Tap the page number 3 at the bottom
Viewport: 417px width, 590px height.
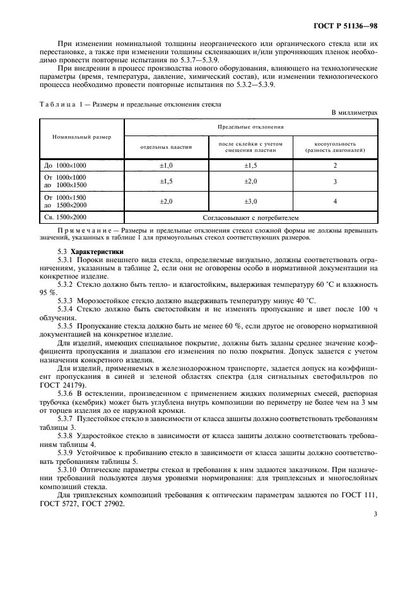click(x=375, y=514)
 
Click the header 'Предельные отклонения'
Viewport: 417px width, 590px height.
click(x=250, y=126)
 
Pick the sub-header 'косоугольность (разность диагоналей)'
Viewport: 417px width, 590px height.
click(x=335, y=147)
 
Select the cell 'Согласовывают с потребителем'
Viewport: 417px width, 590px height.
click(x=250, y=217)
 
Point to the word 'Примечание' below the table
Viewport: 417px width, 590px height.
click(x=88, y=231)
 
